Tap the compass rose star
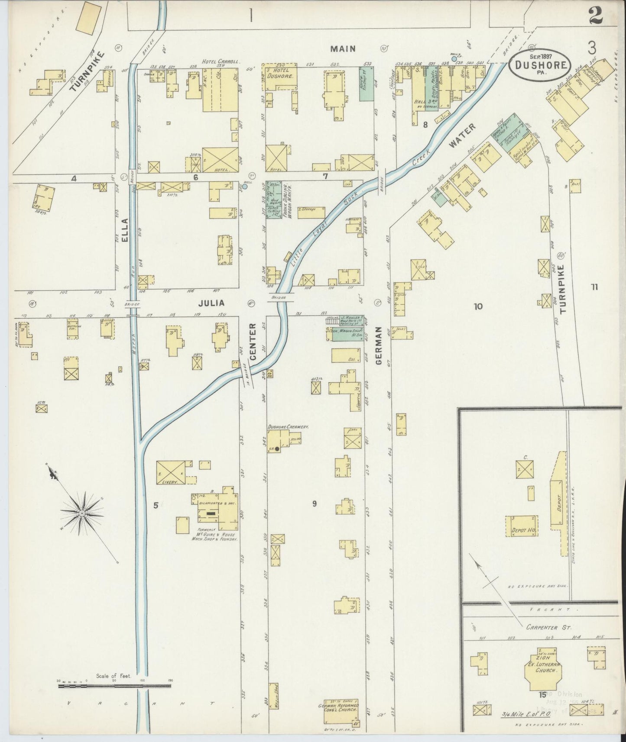click(x=82, y=513)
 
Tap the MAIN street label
click(x=343, y=48)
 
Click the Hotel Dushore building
click(x=279, y=78)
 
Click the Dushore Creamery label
click(x=288, y=426)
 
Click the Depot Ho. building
click(x=522, y=526)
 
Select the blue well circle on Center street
click(x=245, y=187)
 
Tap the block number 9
click(x=315, y=503)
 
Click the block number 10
click(x=477, y=306)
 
